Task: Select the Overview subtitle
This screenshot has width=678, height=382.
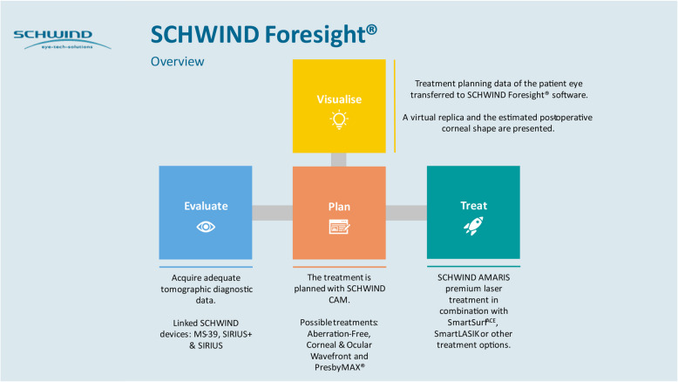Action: tap(177, 62)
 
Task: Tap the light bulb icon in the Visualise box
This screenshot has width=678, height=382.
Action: tap(338, 120)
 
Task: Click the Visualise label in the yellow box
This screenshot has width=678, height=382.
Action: tap(339, 99)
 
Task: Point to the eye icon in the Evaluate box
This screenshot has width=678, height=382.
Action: tap(206, 226)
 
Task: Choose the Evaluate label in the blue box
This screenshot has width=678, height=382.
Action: tap(206, 206)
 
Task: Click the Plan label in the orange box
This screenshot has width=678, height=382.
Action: tap(339, 207)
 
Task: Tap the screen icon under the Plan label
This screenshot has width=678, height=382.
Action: tap(339, 227)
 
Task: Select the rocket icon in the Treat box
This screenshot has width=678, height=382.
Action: tap(473, 227)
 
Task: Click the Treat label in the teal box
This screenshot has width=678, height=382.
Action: tap(473, 206)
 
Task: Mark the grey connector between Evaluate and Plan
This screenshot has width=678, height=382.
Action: tap(272, 213)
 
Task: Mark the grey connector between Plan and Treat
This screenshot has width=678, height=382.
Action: tap(406, 213)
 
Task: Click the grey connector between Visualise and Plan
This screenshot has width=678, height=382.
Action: tap(339, 159)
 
